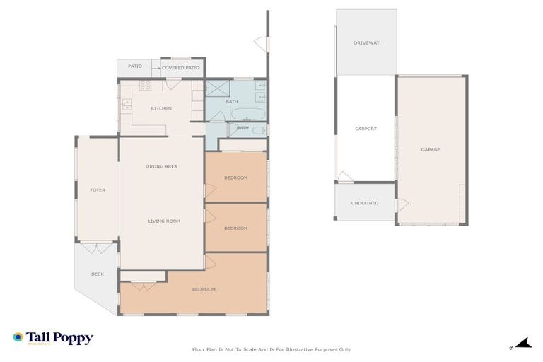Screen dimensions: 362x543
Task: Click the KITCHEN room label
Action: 161,108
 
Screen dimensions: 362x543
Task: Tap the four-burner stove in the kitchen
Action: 146,86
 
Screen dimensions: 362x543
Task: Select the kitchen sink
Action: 127,105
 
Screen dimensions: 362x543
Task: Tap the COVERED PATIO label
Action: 181,68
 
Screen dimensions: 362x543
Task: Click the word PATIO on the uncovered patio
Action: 135,66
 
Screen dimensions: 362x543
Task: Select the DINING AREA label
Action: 161,166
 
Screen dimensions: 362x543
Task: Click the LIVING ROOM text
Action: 163,221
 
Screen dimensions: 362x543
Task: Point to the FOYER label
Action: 97,190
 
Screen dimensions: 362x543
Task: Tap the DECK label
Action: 97,274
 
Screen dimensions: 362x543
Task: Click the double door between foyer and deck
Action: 96,247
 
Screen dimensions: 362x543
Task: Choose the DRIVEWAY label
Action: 366,43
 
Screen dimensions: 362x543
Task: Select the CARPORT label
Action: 366,129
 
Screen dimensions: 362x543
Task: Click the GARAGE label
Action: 431,150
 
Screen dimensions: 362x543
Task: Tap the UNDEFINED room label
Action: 365,203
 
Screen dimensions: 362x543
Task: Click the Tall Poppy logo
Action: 53,339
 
